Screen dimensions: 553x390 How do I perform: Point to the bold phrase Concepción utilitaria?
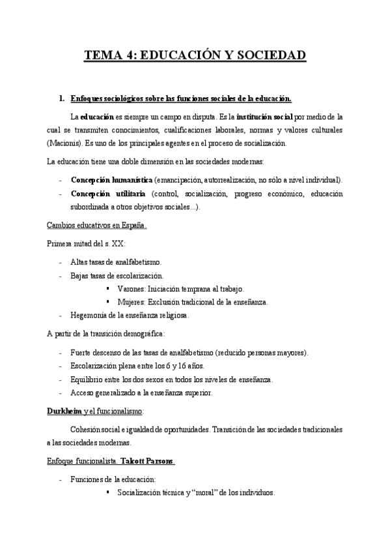click(107, 194)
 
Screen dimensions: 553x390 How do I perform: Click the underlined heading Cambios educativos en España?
click(96, 226)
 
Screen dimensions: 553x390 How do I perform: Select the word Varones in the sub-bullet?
click(132, 288)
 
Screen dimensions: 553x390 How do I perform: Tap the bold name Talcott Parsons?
click(152, 461)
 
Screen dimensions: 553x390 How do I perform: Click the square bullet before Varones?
click(107, 288)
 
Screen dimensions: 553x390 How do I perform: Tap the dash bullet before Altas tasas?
click(61, 262)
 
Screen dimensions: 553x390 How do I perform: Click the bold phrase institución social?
click(264, 117)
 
